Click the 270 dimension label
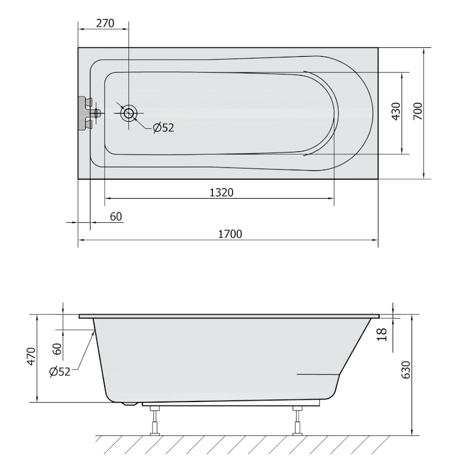105,23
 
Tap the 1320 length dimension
221,193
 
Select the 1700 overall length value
230,234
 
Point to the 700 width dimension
418,111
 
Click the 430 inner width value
396,111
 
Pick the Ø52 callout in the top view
164,128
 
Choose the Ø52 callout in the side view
60,372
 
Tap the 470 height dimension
31,357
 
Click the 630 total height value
406,370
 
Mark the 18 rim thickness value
382,334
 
